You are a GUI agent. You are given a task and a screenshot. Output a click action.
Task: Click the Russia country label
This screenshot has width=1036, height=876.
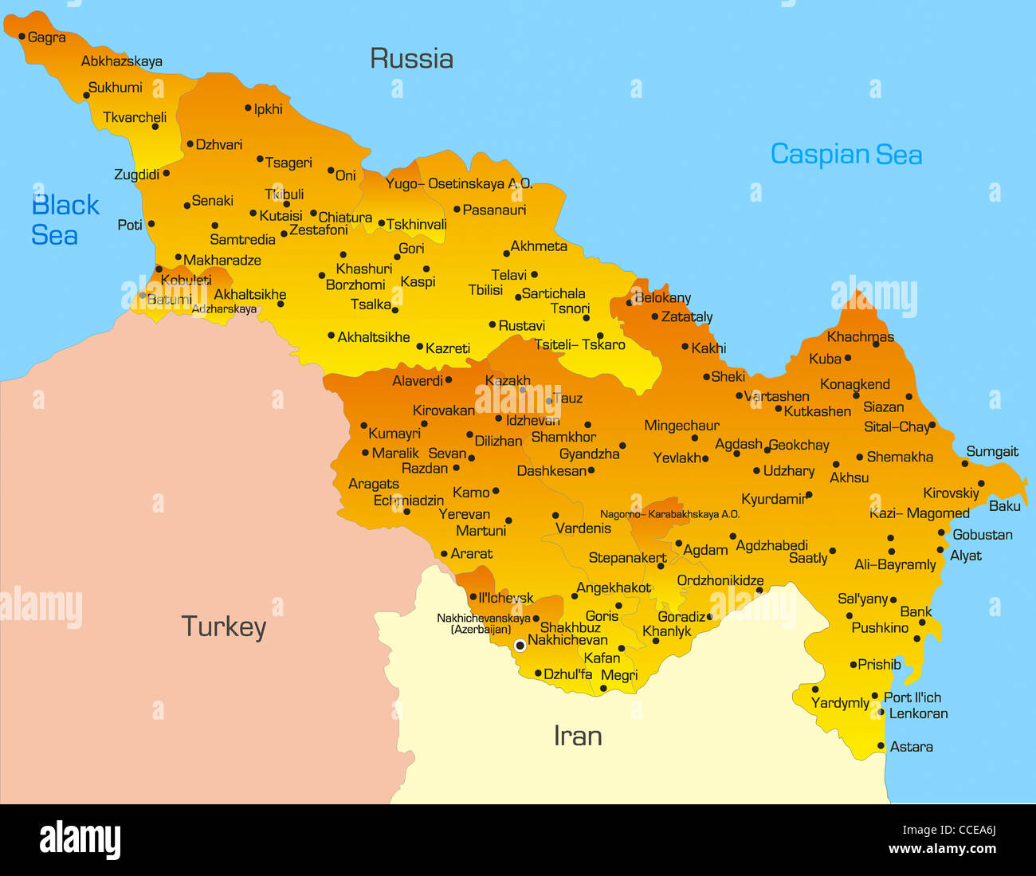[411, 58]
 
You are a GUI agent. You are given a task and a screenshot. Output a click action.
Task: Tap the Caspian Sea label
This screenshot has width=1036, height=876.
[846, 154]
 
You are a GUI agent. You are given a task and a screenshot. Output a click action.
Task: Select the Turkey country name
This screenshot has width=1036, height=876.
[223, 627]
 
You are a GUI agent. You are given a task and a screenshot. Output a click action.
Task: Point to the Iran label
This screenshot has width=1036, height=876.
[578, 736]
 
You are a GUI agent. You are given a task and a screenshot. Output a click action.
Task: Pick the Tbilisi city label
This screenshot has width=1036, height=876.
[485, 290]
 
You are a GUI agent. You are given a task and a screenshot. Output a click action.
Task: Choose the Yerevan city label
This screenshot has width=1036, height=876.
[464, 514]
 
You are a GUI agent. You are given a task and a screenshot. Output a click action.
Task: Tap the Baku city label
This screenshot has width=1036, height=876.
[1004, 506]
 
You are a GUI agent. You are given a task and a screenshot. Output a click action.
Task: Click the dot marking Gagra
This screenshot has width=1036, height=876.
[22, 37]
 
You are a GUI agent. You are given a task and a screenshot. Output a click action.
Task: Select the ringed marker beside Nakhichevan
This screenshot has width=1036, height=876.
[520, 645]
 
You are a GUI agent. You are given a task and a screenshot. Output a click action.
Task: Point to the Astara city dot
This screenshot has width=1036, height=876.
[881, 746]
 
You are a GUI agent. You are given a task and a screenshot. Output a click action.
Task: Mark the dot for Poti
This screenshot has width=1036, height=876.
[151, 224]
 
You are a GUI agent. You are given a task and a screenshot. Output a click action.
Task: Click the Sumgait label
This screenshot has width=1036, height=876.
[992, 452]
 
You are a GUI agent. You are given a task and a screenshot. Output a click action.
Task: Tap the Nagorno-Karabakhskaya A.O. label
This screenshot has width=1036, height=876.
[669, 514]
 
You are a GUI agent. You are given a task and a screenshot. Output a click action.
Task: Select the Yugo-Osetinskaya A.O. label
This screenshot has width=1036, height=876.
[458, 184]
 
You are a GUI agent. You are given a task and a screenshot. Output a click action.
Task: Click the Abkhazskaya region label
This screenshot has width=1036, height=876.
[121, 61]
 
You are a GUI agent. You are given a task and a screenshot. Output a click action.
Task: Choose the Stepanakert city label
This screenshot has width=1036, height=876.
[627, 558]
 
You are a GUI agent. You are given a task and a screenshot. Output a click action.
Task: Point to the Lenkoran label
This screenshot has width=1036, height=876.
[918, 714]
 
